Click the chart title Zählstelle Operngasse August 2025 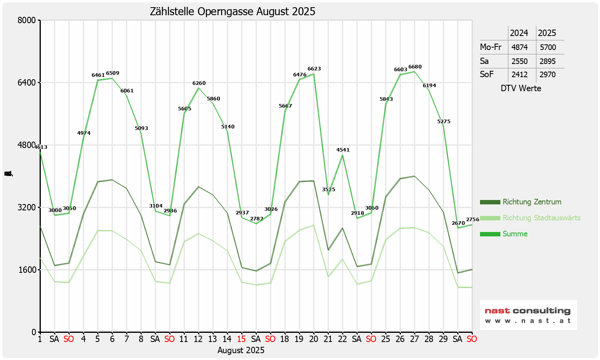click(x=232, y=12)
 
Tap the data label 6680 click(x=415, y=67)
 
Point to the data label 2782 click(x=256, y=219)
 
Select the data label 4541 click(x=343, y=150)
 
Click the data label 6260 click(x=199, y=83)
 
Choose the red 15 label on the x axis click(x=241, y=339)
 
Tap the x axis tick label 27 click(x=414, y=339)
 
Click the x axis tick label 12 click(x=198, y=339)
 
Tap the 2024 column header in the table click(x=519, y=33)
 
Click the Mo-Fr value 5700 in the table click(x=548, y=47)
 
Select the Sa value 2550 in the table click(x=519, y=61)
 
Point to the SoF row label click(x=487, y=74)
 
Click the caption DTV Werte click(x=521, y=88)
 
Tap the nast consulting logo click(x=528, y=315)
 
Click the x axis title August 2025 click(x=241, y=350)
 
